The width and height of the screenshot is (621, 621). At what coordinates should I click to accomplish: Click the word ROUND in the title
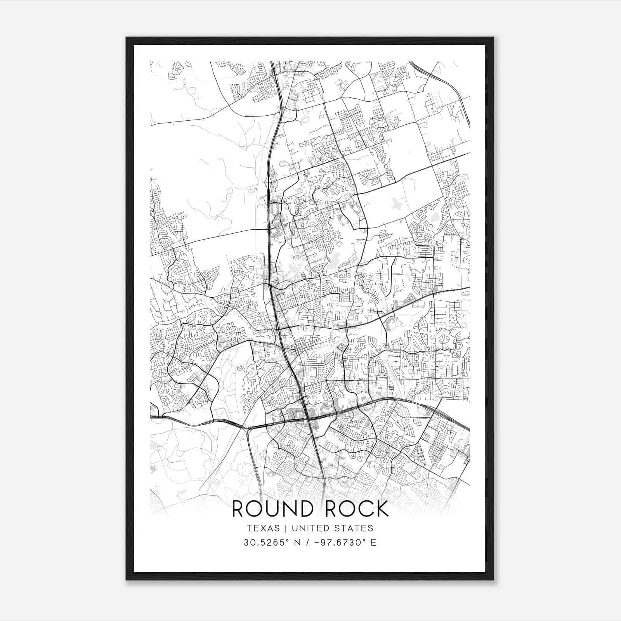(273, 509)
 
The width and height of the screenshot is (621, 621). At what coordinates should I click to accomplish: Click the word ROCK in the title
(357, 509)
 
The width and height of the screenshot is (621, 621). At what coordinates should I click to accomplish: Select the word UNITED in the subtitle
(309, 528)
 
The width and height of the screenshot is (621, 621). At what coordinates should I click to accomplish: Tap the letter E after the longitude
(373, 543)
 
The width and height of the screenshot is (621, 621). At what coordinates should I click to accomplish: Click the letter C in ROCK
(363, 509)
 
